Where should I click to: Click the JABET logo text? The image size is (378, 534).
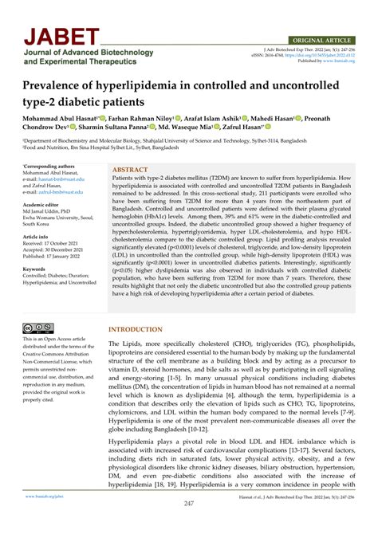click(61, 37)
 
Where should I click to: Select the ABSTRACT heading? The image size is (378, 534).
click(130, 170)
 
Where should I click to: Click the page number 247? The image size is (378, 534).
click(189, 504)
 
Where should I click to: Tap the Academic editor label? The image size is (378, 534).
click(40, 203)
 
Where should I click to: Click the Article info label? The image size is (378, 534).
click(35, 237)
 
